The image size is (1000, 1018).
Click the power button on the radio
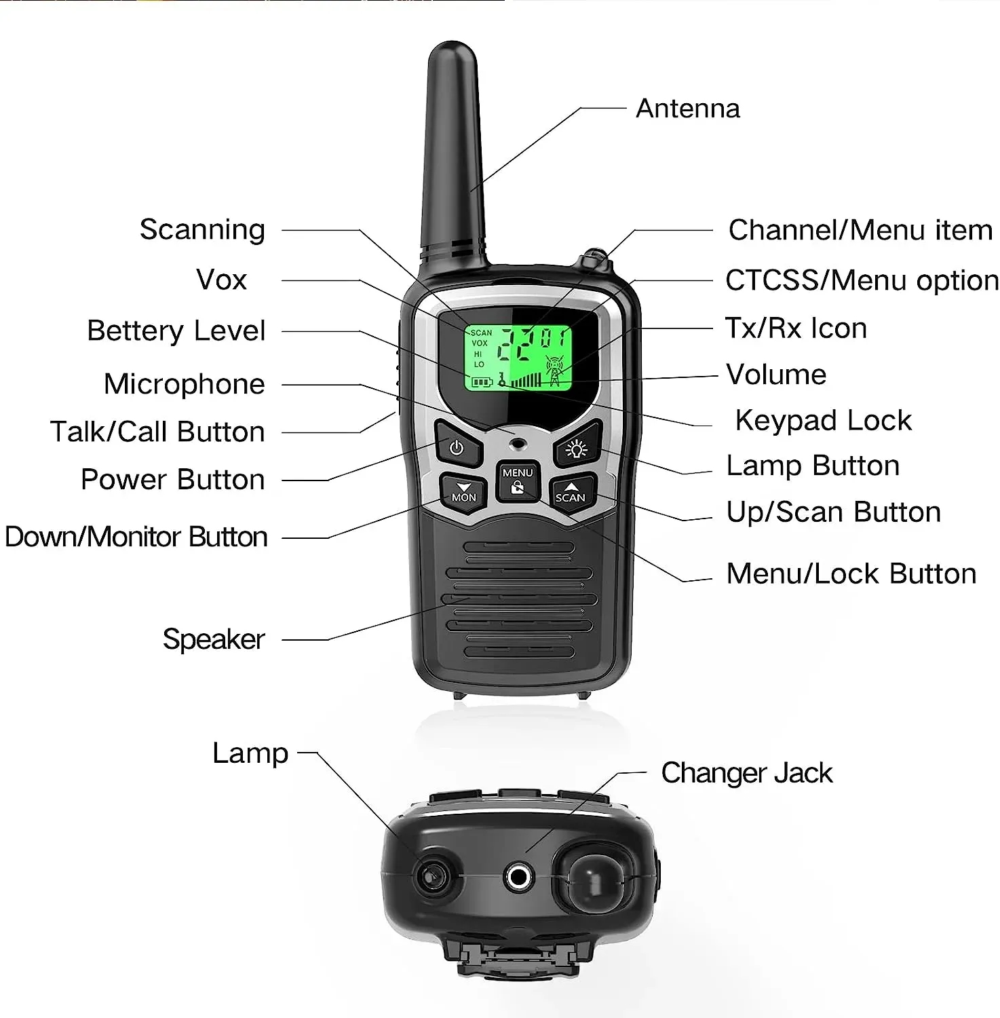[457, 447]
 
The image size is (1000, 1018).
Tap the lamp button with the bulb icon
[577, 448]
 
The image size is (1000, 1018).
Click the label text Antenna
[687, 109]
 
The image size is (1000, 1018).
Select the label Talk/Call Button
[157, 432]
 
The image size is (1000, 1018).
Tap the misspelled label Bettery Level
[176, 331]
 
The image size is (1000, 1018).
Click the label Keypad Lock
[823, 420]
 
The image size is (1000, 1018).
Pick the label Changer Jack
[746, 772]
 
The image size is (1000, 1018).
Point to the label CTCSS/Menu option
[862, 280]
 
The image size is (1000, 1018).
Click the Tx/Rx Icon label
[796, 328]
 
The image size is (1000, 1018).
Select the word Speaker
[214, 639]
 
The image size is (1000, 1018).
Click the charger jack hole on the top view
[519, 877]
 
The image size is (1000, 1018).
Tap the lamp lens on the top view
[431, 876]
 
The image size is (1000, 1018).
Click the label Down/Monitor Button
[136, 537]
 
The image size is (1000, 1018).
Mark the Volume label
[776, 374]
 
